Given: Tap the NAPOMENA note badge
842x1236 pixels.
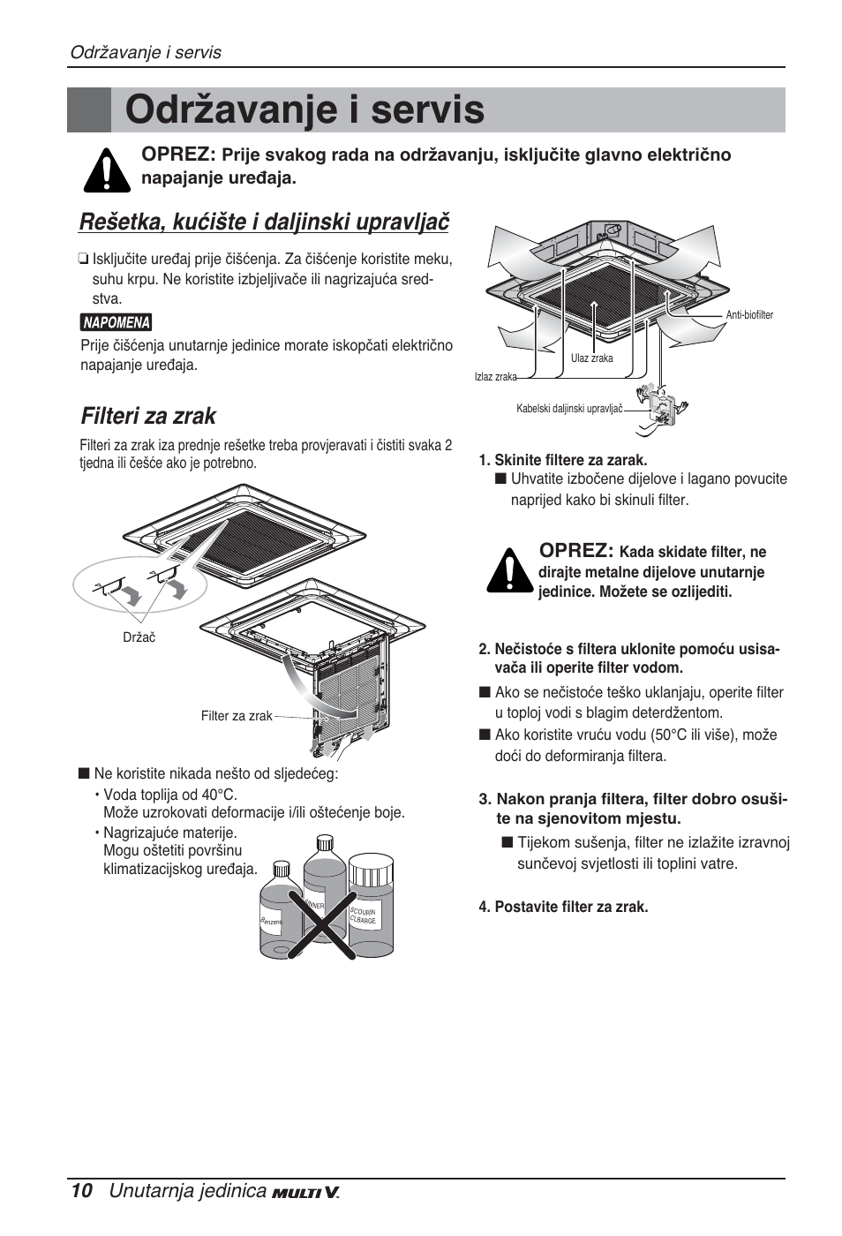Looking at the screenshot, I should [x=117, y=323].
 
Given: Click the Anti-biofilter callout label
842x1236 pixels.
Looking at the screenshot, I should [x=748, y=315].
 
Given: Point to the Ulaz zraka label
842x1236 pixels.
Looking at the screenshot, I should [x=591, y=358].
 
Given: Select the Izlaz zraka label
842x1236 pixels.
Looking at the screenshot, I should [x=495, y=377].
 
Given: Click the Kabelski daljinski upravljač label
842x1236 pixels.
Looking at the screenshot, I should [x=569, y=409].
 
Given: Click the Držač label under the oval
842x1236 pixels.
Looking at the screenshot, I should [x=139, y=637].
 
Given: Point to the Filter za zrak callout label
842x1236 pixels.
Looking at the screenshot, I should [x=237, y=716].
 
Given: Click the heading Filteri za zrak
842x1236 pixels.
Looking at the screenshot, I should [x=148, y=416].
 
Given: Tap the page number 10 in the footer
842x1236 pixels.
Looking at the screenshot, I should [x=80, y=1191].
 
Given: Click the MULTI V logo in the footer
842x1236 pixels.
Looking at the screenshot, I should [x=305, y=1193].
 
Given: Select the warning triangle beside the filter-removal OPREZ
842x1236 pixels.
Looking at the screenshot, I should [x=508, y=570].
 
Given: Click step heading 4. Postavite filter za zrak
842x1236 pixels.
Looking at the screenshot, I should [x=563, y=907].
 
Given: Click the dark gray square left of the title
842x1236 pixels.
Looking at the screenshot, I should [x=89, y=110].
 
